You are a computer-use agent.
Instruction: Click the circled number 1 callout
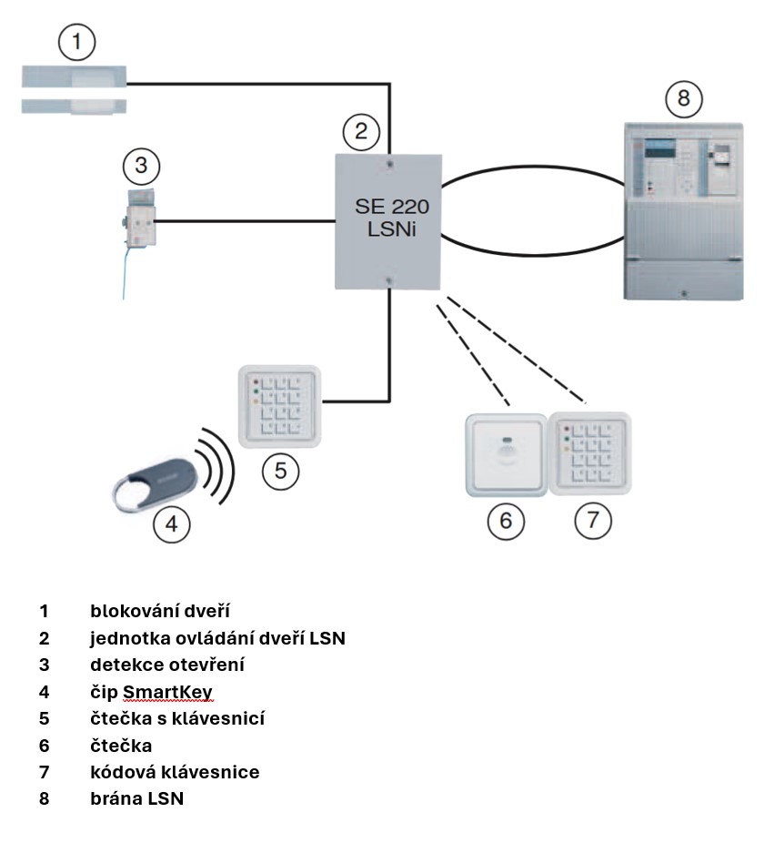(77, 42)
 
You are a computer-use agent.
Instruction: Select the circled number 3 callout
(140, 167)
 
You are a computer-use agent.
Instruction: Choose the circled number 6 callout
(507, 520)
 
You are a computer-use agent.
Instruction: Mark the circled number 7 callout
(593, 520)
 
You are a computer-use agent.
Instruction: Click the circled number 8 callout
(684, 98)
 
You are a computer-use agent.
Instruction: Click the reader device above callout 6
(506, 454)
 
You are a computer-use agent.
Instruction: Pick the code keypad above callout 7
(589, 453)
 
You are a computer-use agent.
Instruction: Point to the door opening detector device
(139, 218)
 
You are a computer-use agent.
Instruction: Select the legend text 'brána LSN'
(136, 799)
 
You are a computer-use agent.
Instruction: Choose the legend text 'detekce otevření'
(167, 665)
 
